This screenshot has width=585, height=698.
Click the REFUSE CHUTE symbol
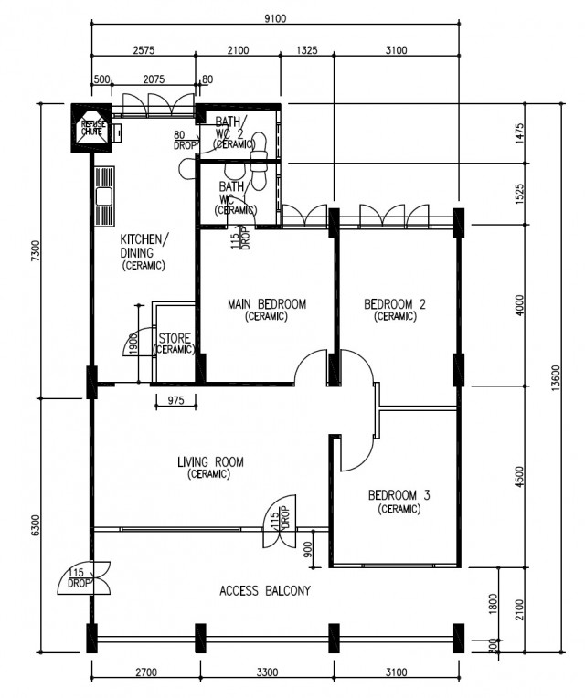[92, 127]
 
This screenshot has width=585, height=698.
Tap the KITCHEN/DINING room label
[144, 246]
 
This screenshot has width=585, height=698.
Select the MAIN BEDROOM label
[266, 304]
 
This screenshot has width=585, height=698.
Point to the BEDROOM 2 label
[395, 304]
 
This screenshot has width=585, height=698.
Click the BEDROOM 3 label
[399, 496]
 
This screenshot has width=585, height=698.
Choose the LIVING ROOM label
[210, 462]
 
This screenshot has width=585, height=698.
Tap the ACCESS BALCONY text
[265, 591]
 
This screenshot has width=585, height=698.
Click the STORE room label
[175, 339]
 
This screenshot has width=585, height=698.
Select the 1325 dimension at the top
[306, 50]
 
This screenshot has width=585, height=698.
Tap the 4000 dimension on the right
[520, 304]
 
